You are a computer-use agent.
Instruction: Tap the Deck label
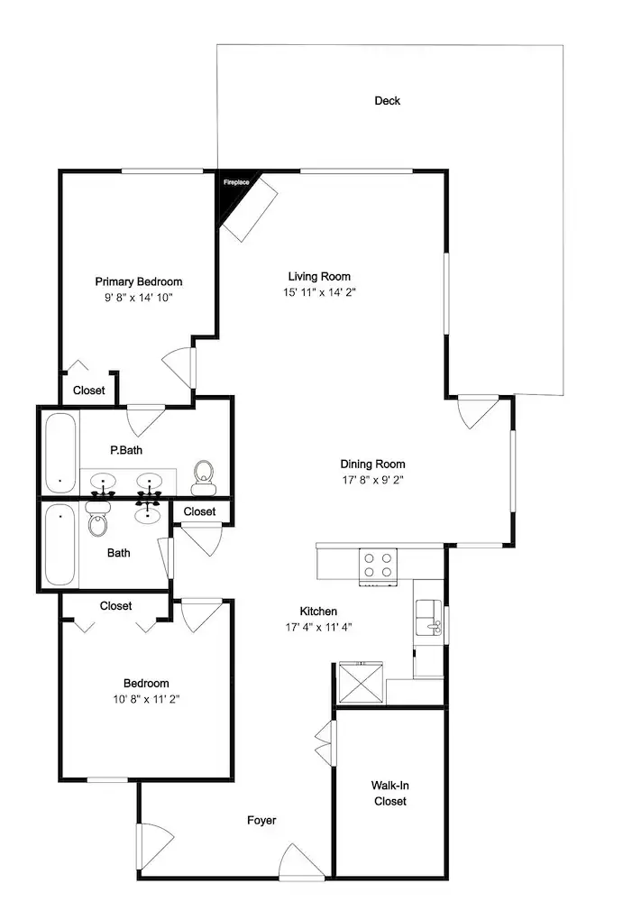387,101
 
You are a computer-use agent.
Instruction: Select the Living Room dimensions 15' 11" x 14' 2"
319,291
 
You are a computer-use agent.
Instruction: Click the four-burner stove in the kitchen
379,566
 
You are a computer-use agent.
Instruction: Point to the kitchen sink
429,617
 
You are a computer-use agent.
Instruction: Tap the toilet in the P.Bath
204,478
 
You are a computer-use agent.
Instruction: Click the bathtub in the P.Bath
60,453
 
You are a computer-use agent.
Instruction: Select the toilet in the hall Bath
98,519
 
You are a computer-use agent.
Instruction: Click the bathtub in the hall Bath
60,545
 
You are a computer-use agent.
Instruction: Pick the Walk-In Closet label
389,793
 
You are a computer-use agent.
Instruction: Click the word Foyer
261,820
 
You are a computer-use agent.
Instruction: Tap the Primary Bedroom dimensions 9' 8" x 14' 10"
139,298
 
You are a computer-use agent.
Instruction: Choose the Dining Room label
372,464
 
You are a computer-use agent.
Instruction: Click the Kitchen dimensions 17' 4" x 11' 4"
318,627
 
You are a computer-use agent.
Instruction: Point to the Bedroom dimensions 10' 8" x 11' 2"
147,699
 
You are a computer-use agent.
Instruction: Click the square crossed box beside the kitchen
361,682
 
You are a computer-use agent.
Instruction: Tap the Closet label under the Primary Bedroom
89,390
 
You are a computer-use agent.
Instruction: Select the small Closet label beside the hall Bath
199,511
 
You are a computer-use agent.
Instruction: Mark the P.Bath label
126,450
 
